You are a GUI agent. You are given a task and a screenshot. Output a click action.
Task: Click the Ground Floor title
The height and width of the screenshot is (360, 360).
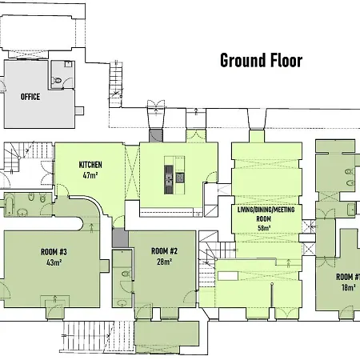261,60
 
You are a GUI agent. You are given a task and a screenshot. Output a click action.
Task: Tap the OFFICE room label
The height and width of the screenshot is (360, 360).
30,97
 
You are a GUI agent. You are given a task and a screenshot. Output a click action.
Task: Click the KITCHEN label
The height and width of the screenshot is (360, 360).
90,165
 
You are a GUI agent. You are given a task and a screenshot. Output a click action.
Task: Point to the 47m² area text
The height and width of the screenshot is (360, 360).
90,175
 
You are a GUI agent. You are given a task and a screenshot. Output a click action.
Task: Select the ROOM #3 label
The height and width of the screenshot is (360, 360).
54,252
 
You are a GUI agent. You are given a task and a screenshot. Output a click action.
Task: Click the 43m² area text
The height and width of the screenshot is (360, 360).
54,262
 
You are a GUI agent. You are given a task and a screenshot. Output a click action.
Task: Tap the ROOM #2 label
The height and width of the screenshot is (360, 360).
164,251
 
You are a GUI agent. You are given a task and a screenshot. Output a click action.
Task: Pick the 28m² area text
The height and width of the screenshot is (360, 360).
164,262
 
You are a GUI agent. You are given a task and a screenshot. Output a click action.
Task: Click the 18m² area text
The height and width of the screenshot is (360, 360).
348,287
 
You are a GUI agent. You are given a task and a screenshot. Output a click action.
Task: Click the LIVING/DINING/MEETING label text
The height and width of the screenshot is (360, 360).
266,210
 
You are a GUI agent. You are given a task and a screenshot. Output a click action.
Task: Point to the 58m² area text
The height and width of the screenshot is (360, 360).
264,228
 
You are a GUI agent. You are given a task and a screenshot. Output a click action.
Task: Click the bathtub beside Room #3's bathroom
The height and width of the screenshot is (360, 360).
9,204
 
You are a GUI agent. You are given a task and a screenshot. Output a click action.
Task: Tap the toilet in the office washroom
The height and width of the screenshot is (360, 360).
58,80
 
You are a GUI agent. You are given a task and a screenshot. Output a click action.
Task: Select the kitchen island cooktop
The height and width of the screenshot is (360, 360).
169,179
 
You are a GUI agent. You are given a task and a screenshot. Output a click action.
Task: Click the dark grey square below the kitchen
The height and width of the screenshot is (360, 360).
120,238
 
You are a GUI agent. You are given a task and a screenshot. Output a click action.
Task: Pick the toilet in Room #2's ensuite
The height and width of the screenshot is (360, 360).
126,274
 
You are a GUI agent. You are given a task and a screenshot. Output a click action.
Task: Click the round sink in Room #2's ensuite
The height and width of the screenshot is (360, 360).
122,302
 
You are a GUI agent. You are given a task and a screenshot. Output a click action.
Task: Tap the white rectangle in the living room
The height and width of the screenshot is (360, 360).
228,276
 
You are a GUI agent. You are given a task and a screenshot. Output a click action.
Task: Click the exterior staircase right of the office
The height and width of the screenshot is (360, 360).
116,84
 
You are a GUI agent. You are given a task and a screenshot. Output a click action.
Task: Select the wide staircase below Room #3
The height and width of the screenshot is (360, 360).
98,337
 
